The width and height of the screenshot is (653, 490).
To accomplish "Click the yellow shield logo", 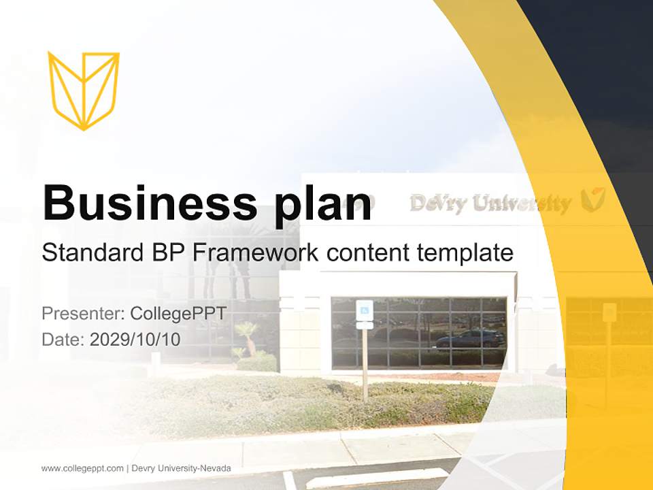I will coord(84,90).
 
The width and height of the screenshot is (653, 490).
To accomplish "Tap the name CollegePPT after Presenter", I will coord(178,314).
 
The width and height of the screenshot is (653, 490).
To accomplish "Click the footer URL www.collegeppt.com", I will coord(82,468).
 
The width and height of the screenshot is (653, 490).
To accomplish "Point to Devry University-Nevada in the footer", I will coord(181,468).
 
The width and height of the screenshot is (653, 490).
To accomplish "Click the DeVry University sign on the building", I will coord(490,203).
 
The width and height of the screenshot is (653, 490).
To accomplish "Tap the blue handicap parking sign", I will coord(365,310).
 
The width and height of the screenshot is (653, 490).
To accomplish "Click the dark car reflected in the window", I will coord(470,338).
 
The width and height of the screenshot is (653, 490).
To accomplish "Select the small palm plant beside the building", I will coord(247,333).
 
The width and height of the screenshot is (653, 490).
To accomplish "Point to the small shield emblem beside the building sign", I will coord(593,199).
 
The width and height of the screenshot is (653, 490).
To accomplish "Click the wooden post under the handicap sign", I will coord(365,364).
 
